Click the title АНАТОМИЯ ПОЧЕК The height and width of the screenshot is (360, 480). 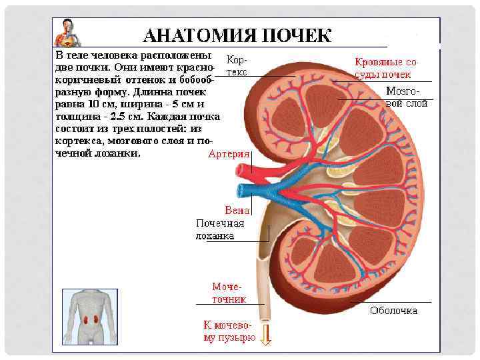[237, 35]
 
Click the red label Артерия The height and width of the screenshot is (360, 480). [229, 154]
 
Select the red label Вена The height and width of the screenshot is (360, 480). [237, 211]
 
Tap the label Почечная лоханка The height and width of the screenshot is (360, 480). [219, 229]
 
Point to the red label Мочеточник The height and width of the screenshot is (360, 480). [229, 293]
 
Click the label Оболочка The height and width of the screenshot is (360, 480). [393, 311]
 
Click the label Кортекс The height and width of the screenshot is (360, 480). [237, 65]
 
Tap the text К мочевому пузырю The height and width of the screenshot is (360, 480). [229, 331]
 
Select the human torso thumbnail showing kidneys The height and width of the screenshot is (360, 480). [89, 316]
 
